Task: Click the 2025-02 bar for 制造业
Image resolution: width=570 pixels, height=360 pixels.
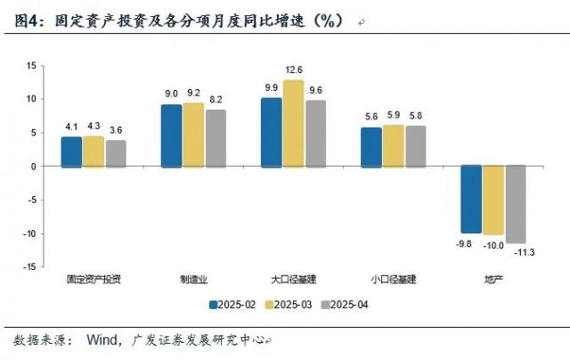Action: coord(171,135)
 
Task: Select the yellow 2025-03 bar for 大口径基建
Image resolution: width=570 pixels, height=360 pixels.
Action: coord(294,123)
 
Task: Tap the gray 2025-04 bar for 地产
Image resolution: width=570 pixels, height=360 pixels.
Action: coord(516,204)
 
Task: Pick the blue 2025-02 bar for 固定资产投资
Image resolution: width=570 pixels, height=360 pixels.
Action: coord(71,151)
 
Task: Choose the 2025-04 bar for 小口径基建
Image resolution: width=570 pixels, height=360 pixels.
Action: coord(416,146)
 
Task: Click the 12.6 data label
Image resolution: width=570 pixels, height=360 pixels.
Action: coord(294,70)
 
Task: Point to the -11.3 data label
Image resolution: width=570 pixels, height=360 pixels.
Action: coord(517,252)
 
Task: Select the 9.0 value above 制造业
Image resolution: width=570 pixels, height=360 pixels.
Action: coord(171,94)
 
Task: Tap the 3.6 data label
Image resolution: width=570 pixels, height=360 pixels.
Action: coord(116,130)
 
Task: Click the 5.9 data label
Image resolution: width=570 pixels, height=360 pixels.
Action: coord(394,115)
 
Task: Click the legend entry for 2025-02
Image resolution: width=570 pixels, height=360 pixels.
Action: coord(232,305)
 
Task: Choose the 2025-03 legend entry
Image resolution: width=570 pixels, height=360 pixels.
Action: coord(289,305)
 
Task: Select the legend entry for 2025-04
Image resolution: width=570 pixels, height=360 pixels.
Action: coord(345,305)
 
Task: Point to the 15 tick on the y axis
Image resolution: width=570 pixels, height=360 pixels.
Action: coord(30,66)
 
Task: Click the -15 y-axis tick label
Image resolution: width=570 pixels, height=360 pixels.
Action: coord(28,266)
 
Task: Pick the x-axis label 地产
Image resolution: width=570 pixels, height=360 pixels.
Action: coord(493,278)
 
